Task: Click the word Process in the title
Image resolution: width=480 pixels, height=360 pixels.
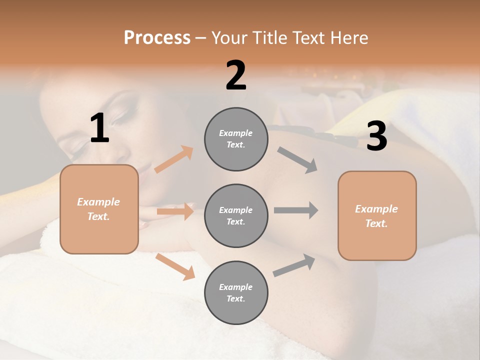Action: [157, 37]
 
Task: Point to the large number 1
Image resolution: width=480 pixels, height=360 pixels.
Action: [99, 128]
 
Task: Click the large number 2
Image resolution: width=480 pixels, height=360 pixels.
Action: [236, 75]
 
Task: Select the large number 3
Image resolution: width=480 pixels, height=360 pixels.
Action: [376, 136]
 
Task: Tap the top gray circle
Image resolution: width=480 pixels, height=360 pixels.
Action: [236, 139]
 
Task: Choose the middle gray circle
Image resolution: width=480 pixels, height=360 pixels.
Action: [236, 215]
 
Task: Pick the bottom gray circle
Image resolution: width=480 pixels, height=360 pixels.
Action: [236, 292]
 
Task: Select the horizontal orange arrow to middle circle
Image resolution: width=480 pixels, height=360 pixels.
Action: [175, 211]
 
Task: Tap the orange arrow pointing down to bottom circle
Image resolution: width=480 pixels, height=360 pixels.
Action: [175, 266]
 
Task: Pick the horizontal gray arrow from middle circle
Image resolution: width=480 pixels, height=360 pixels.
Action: [296, 210]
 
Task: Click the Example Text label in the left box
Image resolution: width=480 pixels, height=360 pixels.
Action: [98, 209]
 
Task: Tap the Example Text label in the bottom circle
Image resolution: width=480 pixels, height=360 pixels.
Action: [236, 292]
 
